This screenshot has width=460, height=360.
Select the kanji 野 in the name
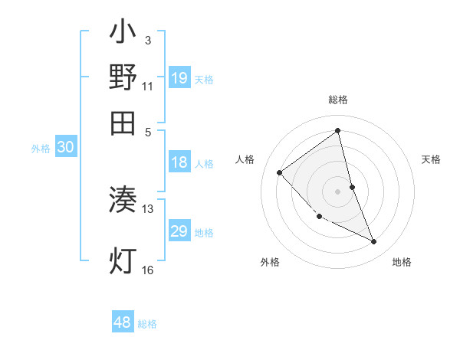[x=123, y=77]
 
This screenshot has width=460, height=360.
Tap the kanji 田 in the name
[x=123, y=122]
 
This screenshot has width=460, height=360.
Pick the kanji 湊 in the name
[x=123, y=201]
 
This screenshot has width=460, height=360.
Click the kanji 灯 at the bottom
[x=123, y=260]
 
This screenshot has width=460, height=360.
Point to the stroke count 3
[x=147, y=40]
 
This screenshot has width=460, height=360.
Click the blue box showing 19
[x=179, y=78]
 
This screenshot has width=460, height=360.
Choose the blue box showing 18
[x=179, y=162]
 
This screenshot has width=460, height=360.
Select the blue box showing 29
[x=179, y=231]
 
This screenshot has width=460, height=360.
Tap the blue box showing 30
[x=64, y=148]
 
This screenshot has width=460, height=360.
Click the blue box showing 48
[x=122, y=322]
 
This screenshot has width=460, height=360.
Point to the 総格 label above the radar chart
[x=338, y=100]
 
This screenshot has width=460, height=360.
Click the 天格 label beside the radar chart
[x=432, y=159]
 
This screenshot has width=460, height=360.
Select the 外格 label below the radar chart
[x=270, y=262]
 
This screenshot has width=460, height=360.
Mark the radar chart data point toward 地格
[x=373, y=242]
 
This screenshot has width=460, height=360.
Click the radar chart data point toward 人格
[x=280, y=172]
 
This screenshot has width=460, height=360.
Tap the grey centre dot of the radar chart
[x=337, y=191]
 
